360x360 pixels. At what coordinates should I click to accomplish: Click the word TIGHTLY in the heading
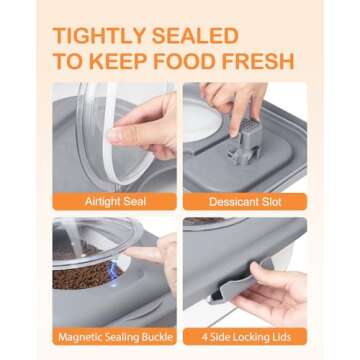click(x=98, y=36)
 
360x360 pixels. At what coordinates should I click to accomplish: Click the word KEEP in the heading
click(x=111, y=61)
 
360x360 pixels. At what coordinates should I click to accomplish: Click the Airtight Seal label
click(x=115, y=202)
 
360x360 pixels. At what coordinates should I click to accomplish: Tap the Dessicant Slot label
click(x=245, y=202)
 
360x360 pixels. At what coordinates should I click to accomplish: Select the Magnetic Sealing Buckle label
click(x=115, y=337)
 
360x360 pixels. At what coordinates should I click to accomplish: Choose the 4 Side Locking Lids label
click(x=245, y=337)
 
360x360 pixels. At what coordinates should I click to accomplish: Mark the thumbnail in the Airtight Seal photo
click(x=115, y=137)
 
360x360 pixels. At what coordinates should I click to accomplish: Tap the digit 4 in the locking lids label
click(x=204, y=337)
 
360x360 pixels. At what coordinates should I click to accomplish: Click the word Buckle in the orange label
click(x=156, y=337)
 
